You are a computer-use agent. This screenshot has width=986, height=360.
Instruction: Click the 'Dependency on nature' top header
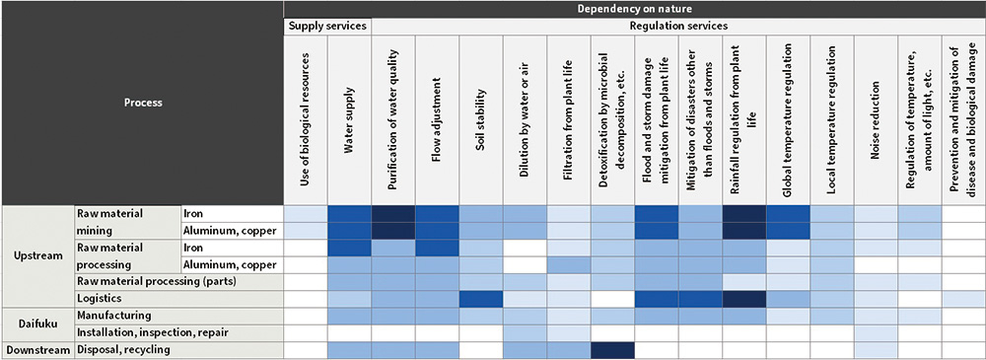pos(634,8)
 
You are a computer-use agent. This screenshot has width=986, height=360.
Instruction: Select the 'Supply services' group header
pos(327,25)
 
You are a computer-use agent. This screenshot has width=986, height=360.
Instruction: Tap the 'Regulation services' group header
pos(677,25)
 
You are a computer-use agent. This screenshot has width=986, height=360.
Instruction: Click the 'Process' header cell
pos(142,102)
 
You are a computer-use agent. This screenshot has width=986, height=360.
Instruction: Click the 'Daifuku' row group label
pos(37,324)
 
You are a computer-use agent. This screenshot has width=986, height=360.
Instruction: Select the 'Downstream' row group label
pos(37,349)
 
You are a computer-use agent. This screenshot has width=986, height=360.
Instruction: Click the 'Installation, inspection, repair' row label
pos(144,332)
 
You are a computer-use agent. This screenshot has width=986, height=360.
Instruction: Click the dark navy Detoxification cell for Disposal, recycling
pos(611,349)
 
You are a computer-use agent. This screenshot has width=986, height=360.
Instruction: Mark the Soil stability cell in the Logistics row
pos(480,298)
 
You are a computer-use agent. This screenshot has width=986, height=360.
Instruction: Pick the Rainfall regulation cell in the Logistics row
pos(742,298)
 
